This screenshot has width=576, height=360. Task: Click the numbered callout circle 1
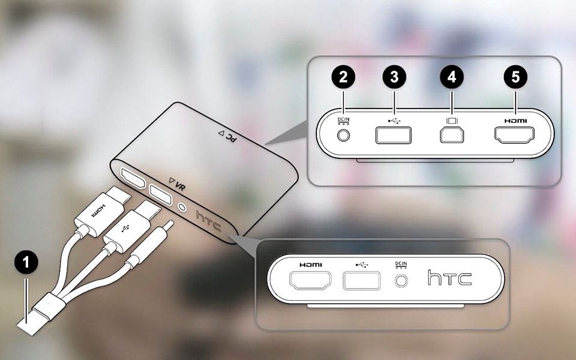[26, 262]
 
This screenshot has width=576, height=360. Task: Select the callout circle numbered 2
[343, 77]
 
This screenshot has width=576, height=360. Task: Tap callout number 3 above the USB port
[394, 77]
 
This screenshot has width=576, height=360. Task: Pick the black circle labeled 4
[451, 77]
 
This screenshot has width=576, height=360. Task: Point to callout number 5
[515, 77]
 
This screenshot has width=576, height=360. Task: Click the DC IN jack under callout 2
[343, 135]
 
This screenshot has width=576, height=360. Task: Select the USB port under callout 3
[394, 135]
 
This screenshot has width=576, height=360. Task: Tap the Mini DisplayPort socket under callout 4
[452, 134]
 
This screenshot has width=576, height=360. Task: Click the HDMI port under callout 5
[514, 135]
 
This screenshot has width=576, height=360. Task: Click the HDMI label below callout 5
[515, 121]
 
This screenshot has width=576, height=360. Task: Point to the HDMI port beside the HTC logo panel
[310, 280]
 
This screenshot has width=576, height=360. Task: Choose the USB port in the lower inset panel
[362, 281]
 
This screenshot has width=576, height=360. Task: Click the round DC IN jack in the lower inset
[401, 281]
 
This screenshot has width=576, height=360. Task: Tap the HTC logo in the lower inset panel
[449, 278]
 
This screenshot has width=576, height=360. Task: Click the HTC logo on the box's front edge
[208, 220]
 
